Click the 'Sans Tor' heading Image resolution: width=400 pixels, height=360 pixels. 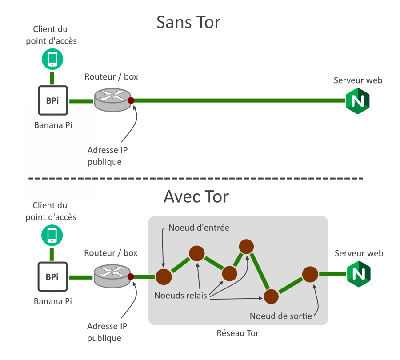188,22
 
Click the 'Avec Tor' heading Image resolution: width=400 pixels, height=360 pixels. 196,196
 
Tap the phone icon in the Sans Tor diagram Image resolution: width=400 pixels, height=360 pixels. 52,59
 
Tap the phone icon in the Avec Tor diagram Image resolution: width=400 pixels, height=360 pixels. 52,235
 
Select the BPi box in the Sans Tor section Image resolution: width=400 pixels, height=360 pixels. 52,101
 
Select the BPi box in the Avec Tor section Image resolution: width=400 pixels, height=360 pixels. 52,277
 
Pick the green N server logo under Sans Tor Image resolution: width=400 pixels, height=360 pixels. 358,101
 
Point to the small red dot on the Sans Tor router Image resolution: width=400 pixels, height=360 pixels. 131,101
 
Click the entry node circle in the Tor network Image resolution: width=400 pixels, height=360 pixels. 163,277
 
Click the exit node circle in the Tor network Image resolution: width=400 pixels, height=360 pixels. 310,274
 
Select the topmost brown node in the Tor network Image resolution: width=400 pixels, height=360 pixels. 246,246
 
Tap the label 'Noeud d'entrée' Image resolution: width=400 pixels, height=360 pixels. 199,228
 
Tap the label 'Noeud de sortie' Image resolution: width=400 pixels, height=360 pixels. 280,316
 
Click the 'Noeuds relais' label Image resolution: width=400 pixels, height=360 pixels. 180,295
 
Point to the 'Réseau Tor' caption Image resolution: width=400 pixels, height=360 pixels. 237,333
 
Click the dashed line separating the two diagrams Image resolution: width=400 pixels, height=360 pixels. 196,178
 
